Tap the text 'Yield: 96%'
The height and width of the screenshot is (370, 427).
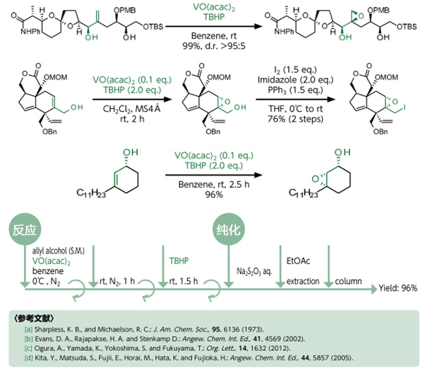tap(398, 288)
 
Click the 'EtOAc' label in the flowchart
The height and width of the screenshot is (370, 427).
tap(298, 261)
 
